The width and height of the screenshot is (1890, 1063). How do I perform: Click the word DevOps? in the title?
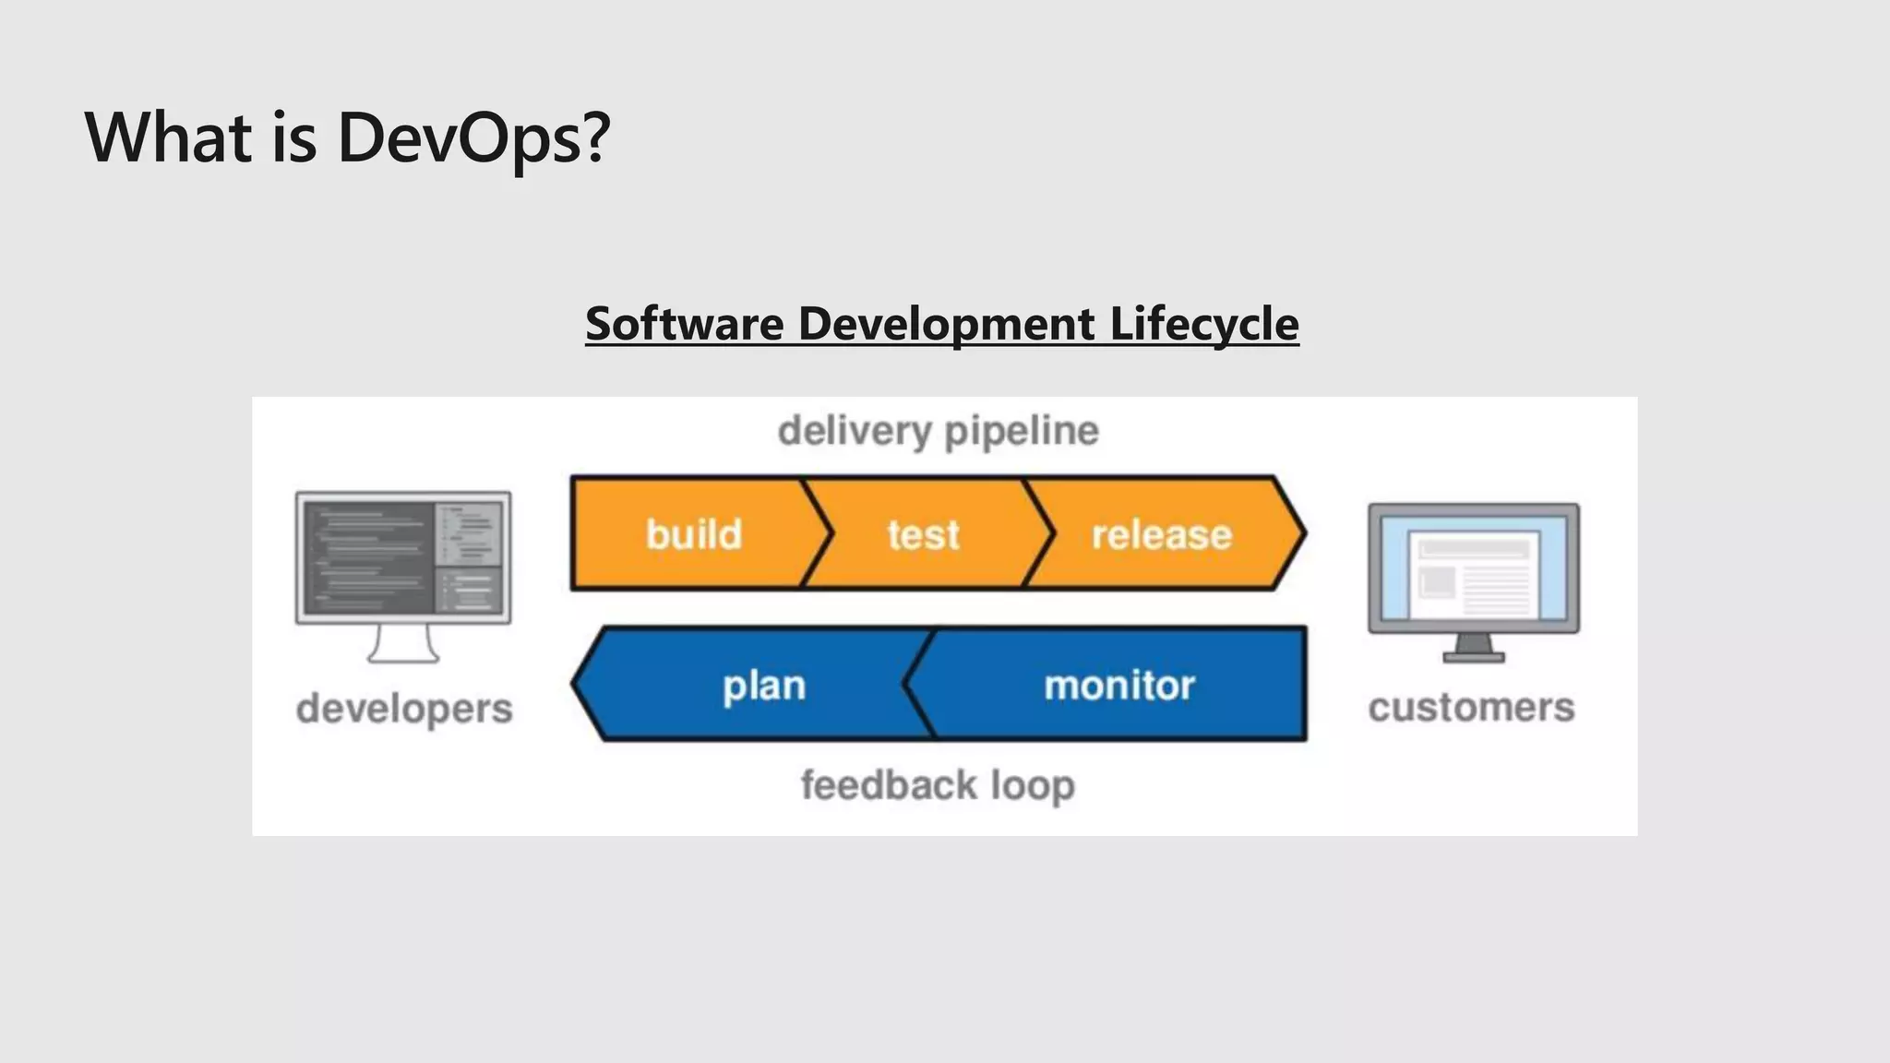pyautogui.click(x=473, y=137)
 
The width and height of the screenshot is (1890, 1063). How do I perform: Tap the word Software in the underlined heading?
pyautogui.click(x=684, y=324)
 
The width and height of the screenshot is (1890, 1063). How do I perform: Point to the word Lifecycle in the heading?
pyautogui.click(x=1203, y=324)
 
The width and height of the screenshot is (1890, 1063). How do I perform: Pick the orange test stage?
pyautogui.click(x=923, y=534)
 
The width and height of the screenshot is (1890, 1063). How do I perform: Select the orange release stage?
pyautogui.click(x=1161, y=534)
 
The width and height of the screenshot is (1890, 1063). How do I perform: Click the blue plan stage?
pyautogui.click(x=763, y=686)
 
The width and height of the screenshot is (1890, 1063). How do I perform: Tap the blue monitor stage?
pyautogui.click(x=1118, y=686)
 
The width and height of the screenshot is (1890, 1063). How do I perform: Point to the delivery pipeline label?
pyautogui.click(x=938, y=431)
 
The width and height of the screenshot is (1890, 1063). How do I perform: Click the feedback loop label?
pyautogui.click(x=938, y=785)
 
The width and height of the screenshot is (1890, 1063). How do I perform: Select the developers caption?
pyautogui.click(x=404, y=709)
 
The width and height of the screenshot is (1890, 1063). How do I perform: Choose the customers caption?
pyautogui.click(x=1471, y=708)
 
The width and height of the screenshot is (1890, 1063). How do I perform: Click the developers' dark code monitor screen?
pyautogui.click(x=403, y=557)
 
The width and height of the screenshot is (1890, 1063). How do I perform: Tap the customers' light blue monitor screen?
pyautogui.click(x=1474, y=567)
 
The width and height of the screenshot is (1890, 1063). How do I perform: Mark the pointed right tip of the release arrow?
pyautogui.click(x=1301, y=533)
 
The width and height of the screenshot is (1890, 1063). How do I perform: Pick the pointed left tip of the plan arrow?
pyautogui.click(x=576, y=684)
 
